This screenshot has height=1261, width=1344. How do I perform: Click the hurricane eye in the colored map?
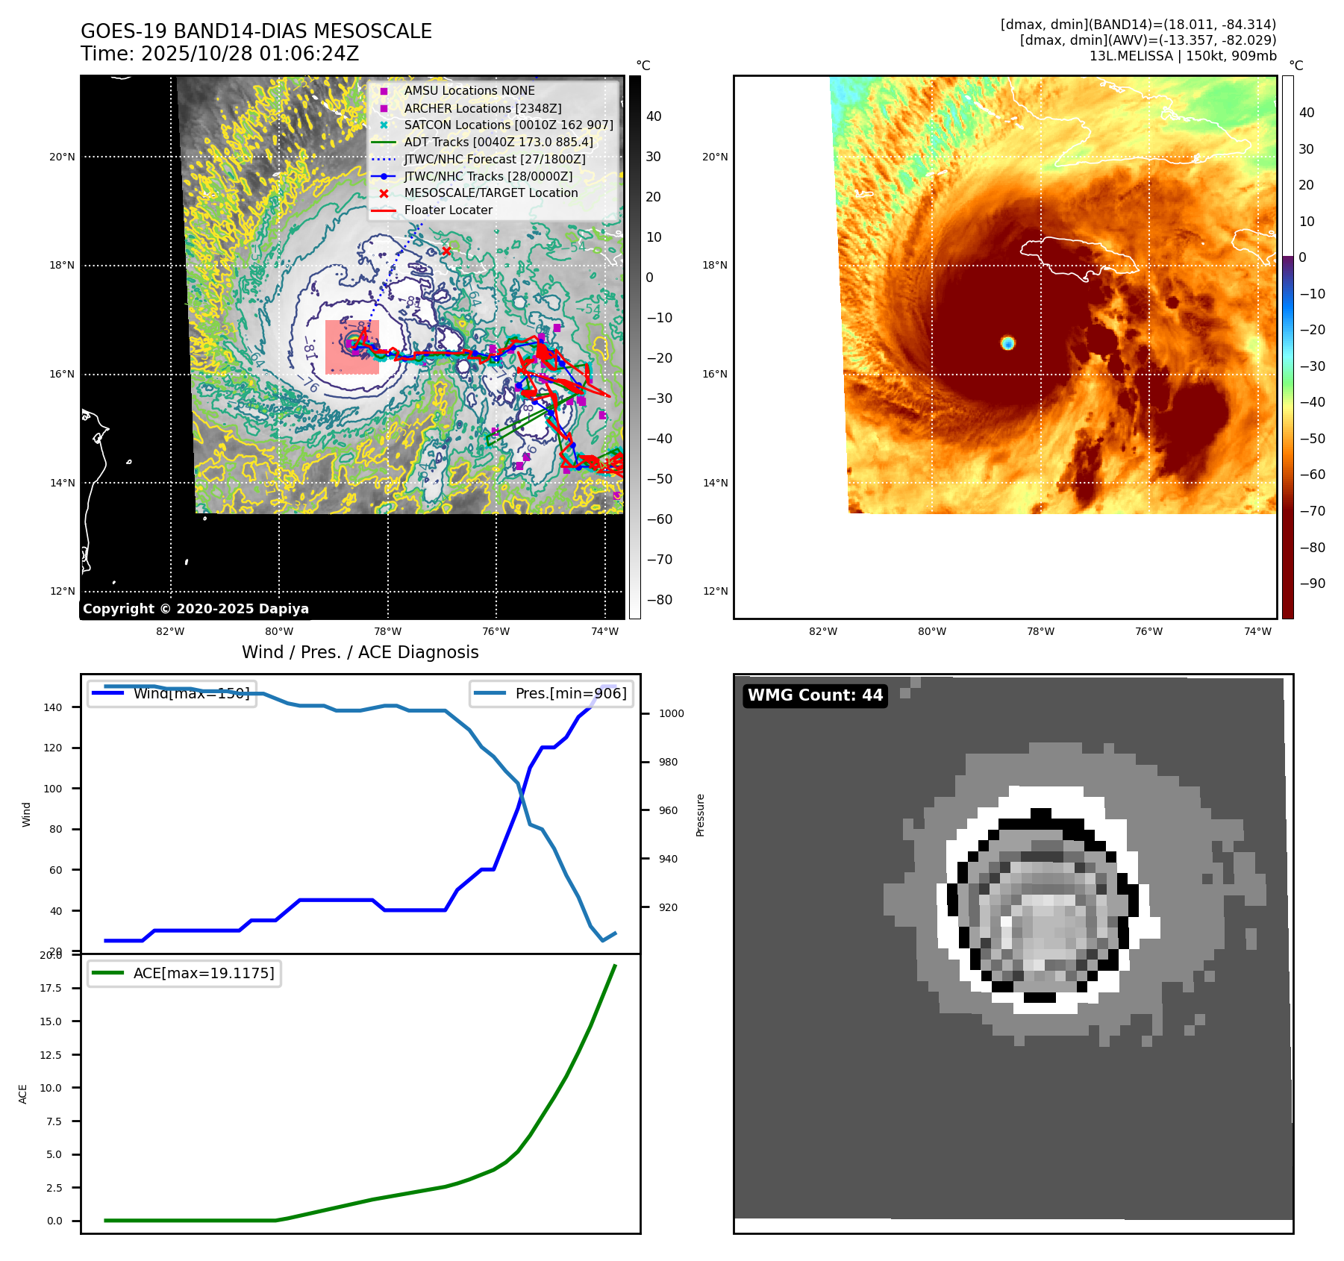1007,342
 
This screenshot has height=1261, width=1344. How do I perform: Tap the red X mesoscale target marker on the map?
446,251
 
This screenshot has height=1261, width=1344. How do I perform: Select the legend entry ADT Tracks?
498,142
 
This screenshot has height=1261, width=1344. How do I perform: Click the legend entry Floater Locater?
448,210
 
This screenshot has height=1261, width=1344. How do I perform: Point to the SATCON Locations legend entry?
508,125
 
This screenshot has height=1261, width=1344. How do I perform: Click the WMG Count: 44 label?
815,695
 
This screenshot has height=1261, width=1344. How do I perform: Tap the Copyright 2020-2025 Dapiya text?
196,609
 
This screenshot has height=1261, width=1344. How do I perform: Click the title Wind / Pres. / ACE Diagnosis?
360,652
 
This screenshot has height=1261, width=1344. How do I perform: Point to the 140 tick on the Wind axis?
53,707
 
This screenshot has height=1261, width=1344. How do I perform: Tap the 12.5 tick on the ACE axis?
51,1055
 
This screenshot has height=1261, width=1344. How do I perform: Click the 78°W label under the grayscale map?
387,632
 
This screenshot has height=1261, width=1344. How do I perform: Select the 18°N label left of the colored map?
715,266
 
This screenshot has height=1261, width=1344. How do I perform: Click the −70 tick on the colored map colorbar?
1312,511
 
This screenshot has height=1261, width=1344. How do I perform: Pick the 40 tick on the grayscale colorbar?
654,116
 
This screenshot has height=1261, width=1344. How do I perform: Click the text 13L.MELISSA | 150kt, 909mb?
1182,56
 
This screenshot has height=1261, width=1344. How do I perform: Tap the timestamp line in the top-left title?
220,54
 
